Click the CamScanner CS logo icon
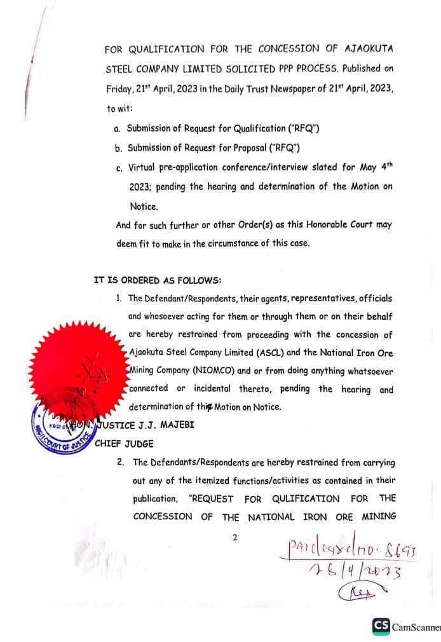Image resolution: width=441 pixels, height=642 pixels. pyautogui.click(x=381, y=626)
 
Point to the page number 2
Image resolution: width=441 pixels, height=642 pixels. pyautogui.click(x=234, y=537)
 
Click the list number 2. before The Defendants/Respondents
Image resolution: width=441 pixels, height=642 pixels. pyautogui.click(x=120, y=463)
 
